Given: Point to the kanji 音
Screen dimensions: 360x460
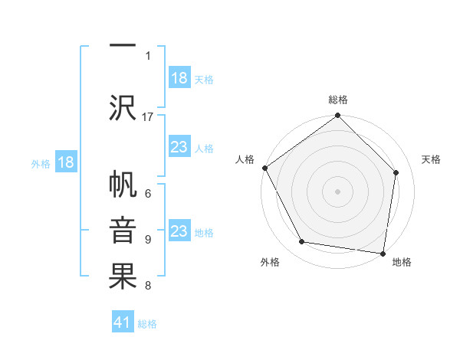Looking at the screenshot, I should (x=123, y=232).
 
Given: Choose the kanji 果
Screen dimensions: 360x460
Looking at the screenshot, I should (x=123, y=277).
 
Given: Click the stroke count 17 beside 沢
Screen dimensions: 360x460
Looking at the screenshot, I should (x=148, y=117).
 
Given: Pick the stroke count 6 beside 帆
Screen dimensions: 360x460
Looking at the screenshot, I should (x=148, y=195).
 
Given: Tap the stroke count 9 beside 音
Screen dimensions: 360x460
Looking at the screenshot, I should (x=148, y=240).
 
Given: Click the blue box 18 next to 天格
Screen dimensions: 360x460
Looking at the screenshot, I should (x=179, y=78).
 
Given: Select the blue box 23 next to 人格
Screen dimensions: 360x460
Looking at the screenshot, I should (x=179, y=147).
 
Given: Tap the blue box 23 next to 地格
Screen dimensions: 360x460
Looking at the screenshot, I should (x=179, y=231).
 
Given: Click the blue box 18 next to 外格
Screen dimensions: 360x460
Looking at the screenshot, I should (x=65, y=162).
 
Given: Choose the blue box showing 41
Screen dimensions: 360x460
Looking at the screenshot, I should (x=123, y=322).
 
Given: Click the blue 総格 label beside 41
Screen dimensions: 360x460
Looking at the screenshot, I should (x=147, y=324).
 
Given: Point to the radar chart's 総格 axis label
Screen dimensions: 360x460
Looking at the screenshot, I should (x=337, y=100).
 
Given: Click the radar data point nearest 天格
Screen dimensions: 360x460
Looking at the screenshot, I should (x=396, y=172).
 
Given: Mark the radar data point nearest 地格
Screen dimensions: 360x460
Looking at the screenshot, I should (x=383, y=253).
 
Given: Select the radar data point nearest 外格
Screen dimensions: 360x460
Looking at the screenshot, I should (x=302, y=242).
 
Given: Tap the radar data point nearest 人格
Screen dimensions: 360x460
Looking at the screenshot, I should (x=264, y=168).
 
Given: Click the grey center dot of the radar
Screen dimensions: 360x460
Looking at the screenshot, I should (x=337, y=191).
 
